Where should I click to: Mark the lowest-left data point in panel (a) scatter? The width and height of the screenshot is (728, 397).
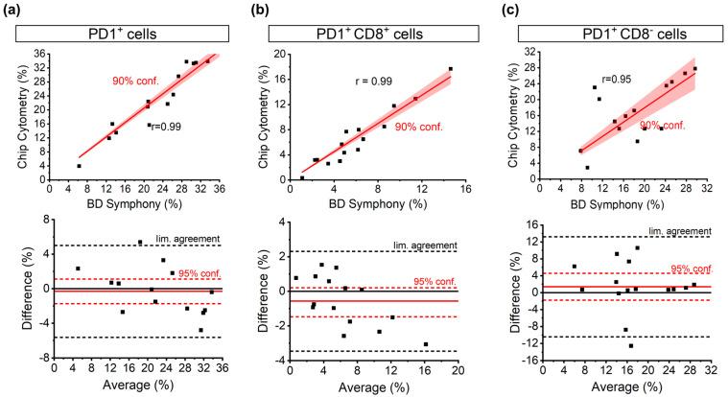click(x=79, y=166)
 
